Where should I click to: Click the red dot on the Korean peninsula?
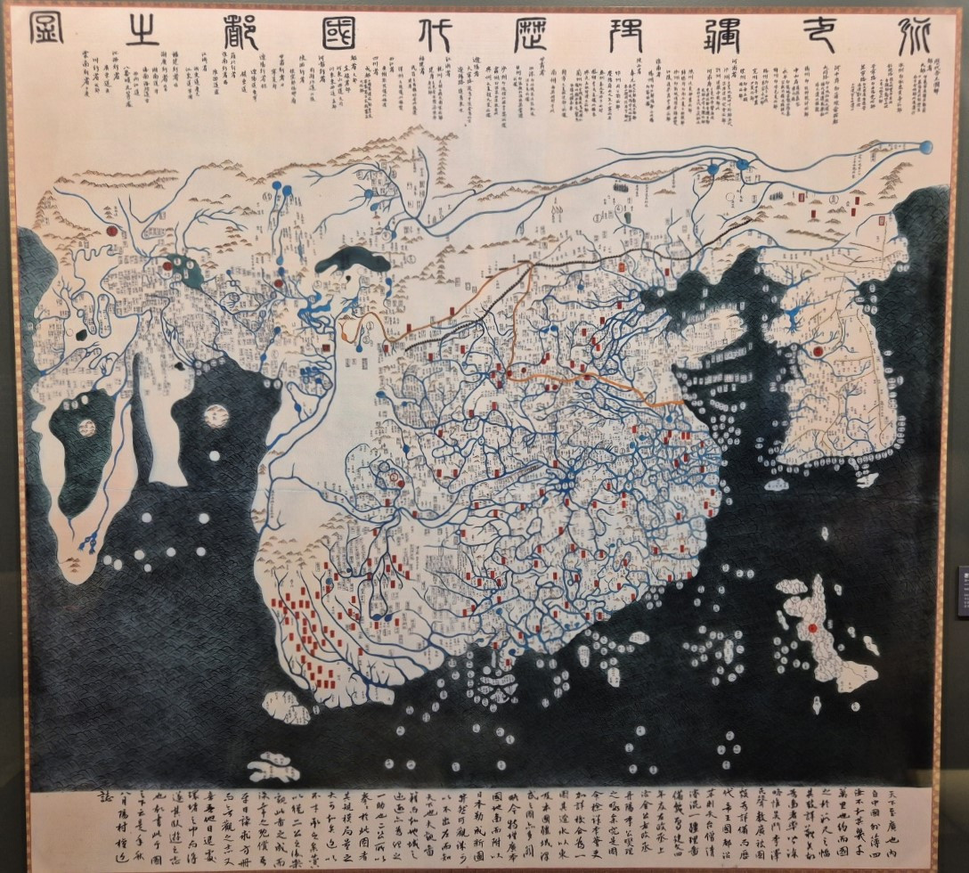[817, 351]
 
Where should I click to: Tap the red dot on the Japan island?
[812, 629]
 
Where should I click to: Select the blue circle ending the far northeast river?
[926, 146]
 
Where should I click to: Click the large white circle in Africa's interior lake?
[87, 428]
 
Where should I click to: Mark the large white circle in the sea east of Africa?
[215, 415]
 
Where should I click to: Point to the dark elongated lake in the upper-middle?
[354, 262]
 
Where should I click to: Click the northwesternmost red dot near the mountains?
[112, 229]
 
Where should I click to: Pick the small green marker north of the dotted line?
[626, 216]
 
